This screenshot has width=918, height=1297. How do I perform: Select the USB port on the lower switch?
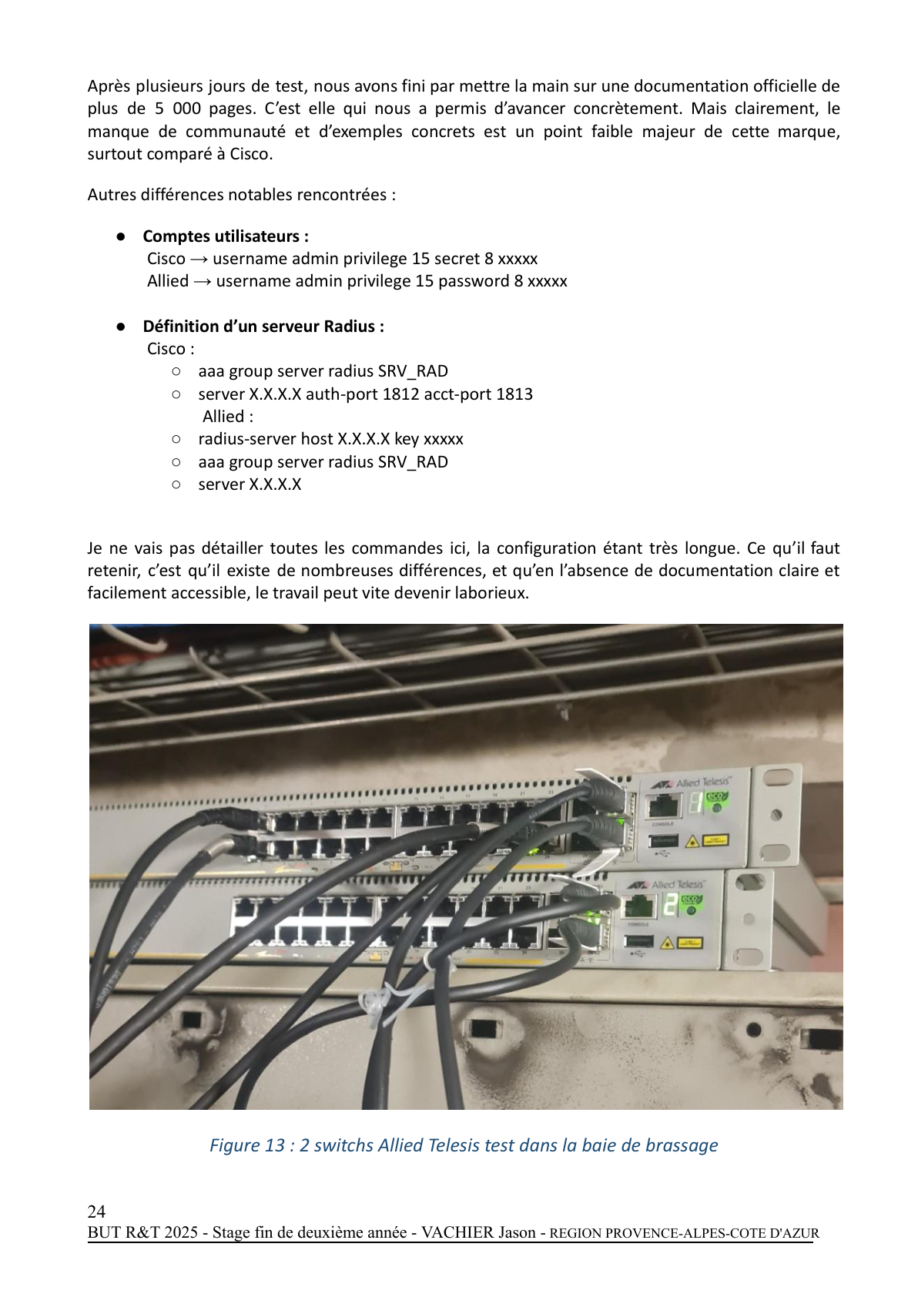tap(639, 941)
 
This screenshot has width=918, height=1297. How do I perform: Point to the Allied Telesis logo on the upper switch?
tap(690, 783)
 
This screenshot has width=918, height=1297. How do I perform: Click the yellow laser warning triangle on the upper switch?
tap(692, 841)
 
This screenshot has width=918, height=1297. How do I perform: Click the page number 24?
tap(96, 1211)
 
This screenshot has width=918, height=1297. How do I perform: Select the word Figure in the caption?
tap(235, 1145)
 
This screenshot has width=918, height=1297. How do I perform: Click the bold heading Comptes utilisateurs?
tap(226, 236)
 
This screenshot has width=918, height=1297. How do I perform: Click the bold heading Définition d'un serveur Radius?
tap(263, 327)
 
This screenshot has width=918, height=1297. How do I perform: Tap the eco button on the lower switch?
tap(691, 903)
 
